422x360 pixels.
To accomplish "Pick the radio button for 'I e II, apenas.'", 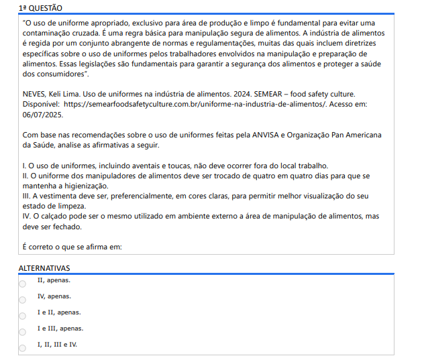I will click(x=22, y=316).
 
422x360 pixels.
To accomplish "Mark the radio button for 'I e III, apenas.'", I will click(x=22, y=332).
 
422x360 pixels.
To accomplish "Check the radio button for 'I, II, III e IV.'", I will click(x=22, y=348).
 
